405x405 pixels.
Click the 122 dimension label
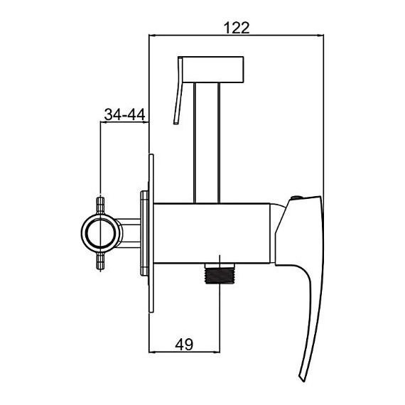pyautogui.click(x=237, y=28)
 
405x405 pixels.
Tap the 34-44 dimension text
pyautogui.click(x=124, y=114)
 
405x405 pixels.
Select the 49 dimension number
pyautogui.click(x=184, y=345)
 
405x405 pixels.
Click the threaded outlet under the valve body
pyautogui.click(x=220, y=274)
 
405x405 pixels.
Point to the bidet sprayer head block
pyautogui.click(x=213, y=70)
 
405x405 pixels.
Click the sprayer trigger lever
pyautogui.click(x=178, y=90)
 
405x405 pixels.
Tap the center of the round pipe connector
pyautogui.click(x=100, y=233)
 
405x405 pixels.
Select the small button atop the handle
pyautogui.click(x=297, y=198)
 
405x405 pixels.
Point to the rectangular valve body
pyautogui.click(x=212, y=234)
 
